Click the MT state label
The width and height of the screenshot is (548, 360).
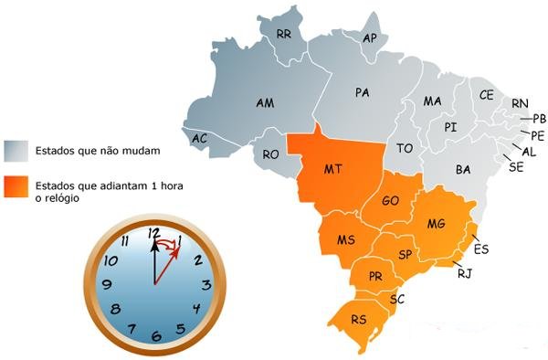click(333, 170)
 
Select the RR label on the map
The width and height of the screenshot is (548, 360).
click(284, 34)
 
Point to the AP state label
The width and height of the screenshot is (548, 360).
click(370, 38)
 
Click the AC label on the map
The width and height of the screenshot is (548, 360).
click(200, 138)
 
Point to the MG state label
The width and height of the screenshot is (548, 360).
click(436, 224)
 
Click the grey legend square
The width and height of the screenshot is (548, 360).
click(15, 150)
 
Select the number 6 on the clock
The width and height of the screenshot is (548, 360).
click(155, 336)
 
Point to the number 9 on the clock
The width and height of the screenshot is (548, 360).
click(108, 284)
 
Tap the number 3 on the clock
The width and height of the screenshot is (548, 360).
click(204, 284)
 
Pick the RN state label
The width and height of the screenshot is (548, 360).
click(520, 103)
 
